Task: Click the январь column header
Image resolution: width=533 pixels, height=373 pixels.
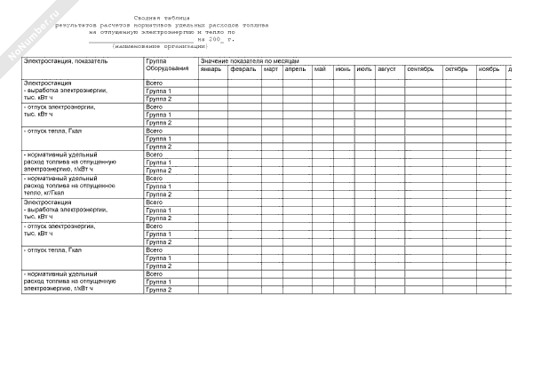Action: [211, 68]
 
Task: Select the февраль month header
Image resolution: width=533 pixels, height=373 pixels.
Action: [243, 68]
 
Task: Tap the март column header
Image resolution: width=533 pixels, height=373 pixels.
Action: [270, 68]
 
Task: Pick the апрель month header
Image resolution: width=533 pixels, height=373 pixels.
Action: [296, 68]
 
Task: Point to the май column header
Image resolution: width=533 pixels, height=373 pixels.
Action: [320, 68]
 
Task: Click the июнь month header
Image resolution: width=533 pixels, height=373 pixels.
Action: [343, 68]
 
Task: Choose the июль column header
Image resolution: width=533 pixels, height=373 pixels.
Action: [364, 68]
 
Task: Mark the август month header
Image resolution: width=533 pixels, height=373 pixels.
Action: [386, 68]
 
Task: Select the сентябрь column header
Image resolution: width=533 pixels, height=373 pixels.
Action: [420, 68]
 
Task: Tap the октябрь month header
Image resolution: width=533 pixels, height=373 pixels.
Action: [457, 68]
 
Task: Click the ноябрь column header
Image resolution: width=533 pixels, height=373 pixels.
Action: [489, 68]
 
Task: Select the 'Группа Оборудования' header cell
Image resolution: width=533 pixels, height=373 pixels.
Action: [167, 65]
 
